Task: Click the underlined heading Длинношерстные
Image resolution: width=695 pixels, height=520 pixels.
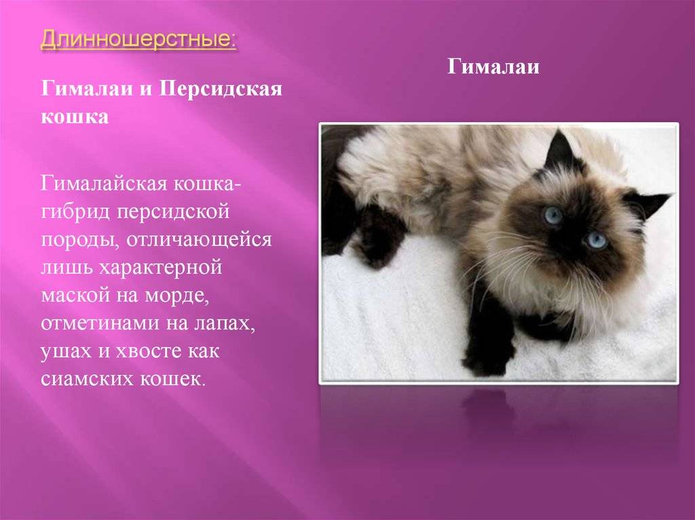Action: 138,39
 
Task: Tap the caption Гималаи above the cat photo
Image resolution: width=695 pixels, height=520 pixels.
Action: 493,67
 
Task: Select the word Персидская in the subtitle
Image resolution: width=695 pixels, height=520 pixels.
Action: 221,89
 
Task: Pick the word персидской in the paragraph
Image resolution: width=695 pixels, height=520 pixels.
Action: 173,212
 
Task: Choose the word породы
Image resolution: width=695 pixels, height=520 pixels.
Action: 80,239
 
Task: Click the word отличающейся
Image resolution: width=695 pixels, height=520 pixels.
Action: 199,239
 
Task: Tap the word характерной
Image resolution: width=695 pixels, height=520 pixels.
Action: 160,268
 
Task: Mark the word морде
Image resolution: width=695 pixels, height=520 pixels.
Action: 176,296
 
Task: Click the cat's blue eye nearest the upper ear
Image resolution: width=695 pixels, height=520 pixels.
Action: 552,215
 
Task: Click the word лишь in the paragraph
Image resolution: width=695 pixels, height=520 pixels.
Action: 67,268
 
